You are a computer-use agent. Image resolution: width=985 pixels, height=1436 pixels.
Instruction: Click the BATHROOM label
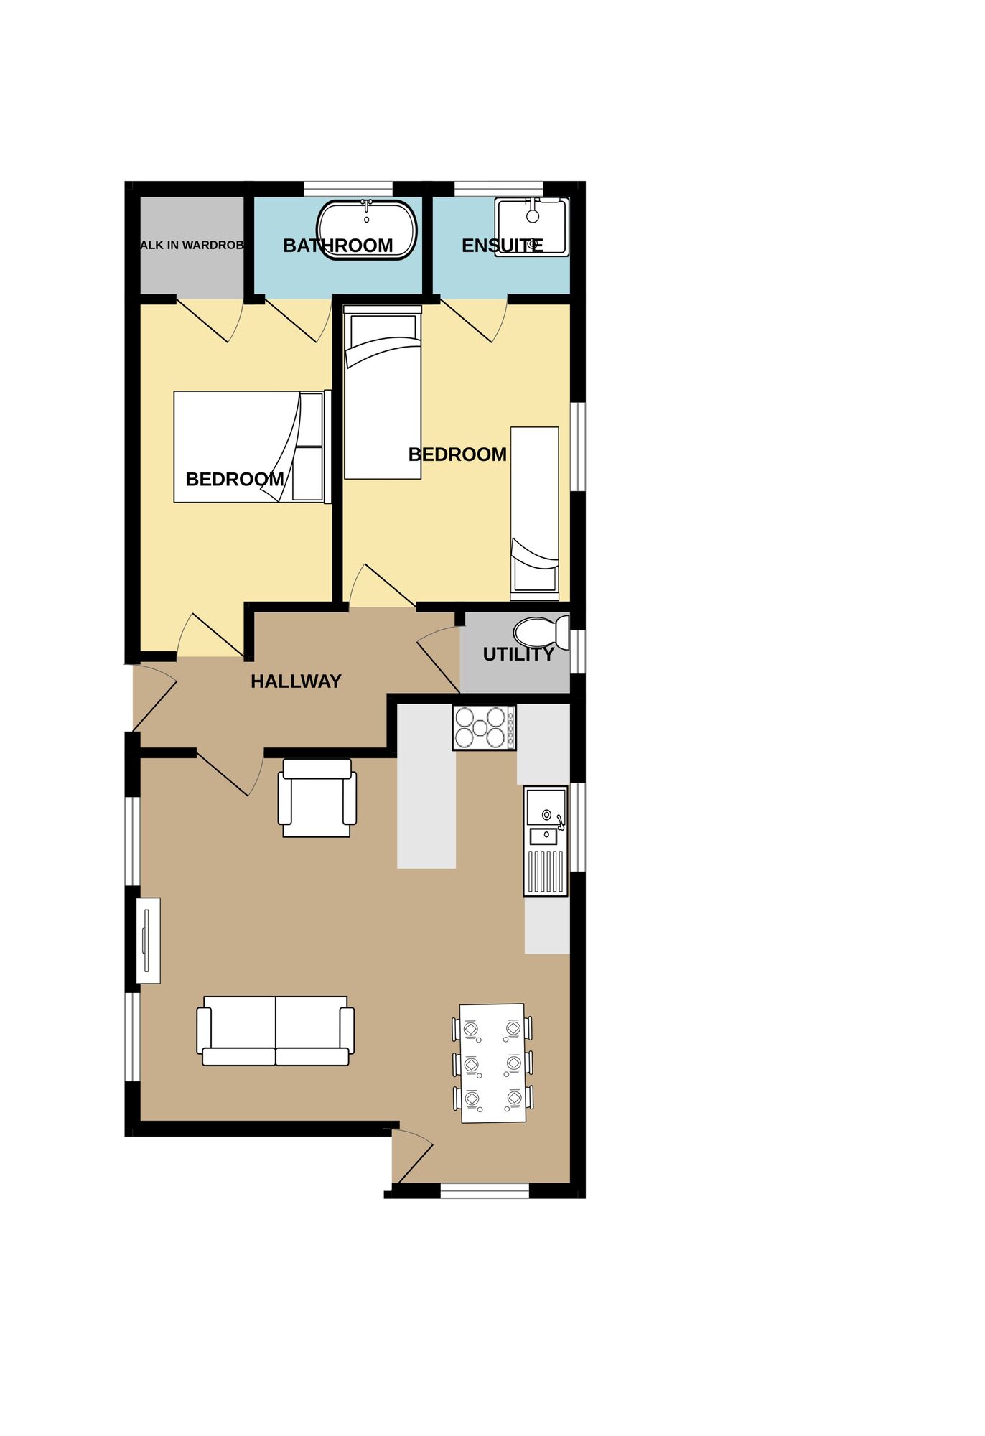point(337,246)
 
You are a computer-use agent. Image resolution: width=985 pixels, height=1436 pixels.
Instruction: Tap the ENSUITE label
point(502,246)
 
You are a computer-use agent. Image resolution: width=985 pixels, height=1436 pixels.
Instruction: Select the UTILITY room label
point(518,654)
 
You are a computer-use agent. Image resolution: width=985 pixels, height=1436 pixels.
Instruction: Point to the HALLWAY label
point(296,681)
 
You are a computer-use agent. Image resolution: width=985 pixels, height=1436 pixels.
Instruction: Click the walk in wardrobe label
point(192,246)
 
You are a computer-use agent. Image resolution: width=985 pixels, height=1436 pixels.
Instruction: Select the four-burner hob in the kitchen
point(483,727)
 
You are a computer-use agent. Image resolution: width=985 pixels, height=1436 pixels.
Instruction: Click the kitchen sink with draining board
point(546,840)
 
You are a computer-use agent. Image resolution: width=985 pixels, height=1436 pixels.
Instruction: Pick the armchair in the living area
point(317,798)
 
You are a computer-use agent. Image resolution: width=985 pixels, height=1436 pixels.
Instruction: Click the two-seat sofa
point(276,1031)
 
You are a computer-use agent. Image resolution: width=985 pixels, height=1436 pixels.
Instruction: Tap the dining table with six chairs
point(492,1063)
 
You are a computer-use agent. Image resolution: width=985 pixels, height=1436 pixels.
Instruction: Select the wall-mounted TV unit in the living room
point(148,941)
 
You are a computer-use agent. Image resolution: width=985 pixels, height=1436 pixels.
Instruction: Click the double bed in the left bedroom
point(251,447)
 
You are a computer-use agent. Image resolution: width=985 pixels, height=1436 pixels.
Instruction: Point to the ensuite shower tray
point(532,226)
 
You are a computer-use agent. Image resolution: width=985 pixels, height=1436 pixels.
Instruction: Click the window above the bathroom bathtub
point(348,190)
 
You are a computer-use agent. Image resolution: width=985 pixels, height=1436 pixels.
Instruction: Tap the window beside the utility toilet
point(579,651)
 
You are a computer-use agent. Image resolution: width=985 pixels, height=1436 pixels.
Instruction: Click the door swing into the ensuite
point(475,320)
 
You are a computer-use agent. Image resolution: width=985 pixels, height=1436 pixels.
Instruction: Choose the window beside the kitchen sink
point(579,827)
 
